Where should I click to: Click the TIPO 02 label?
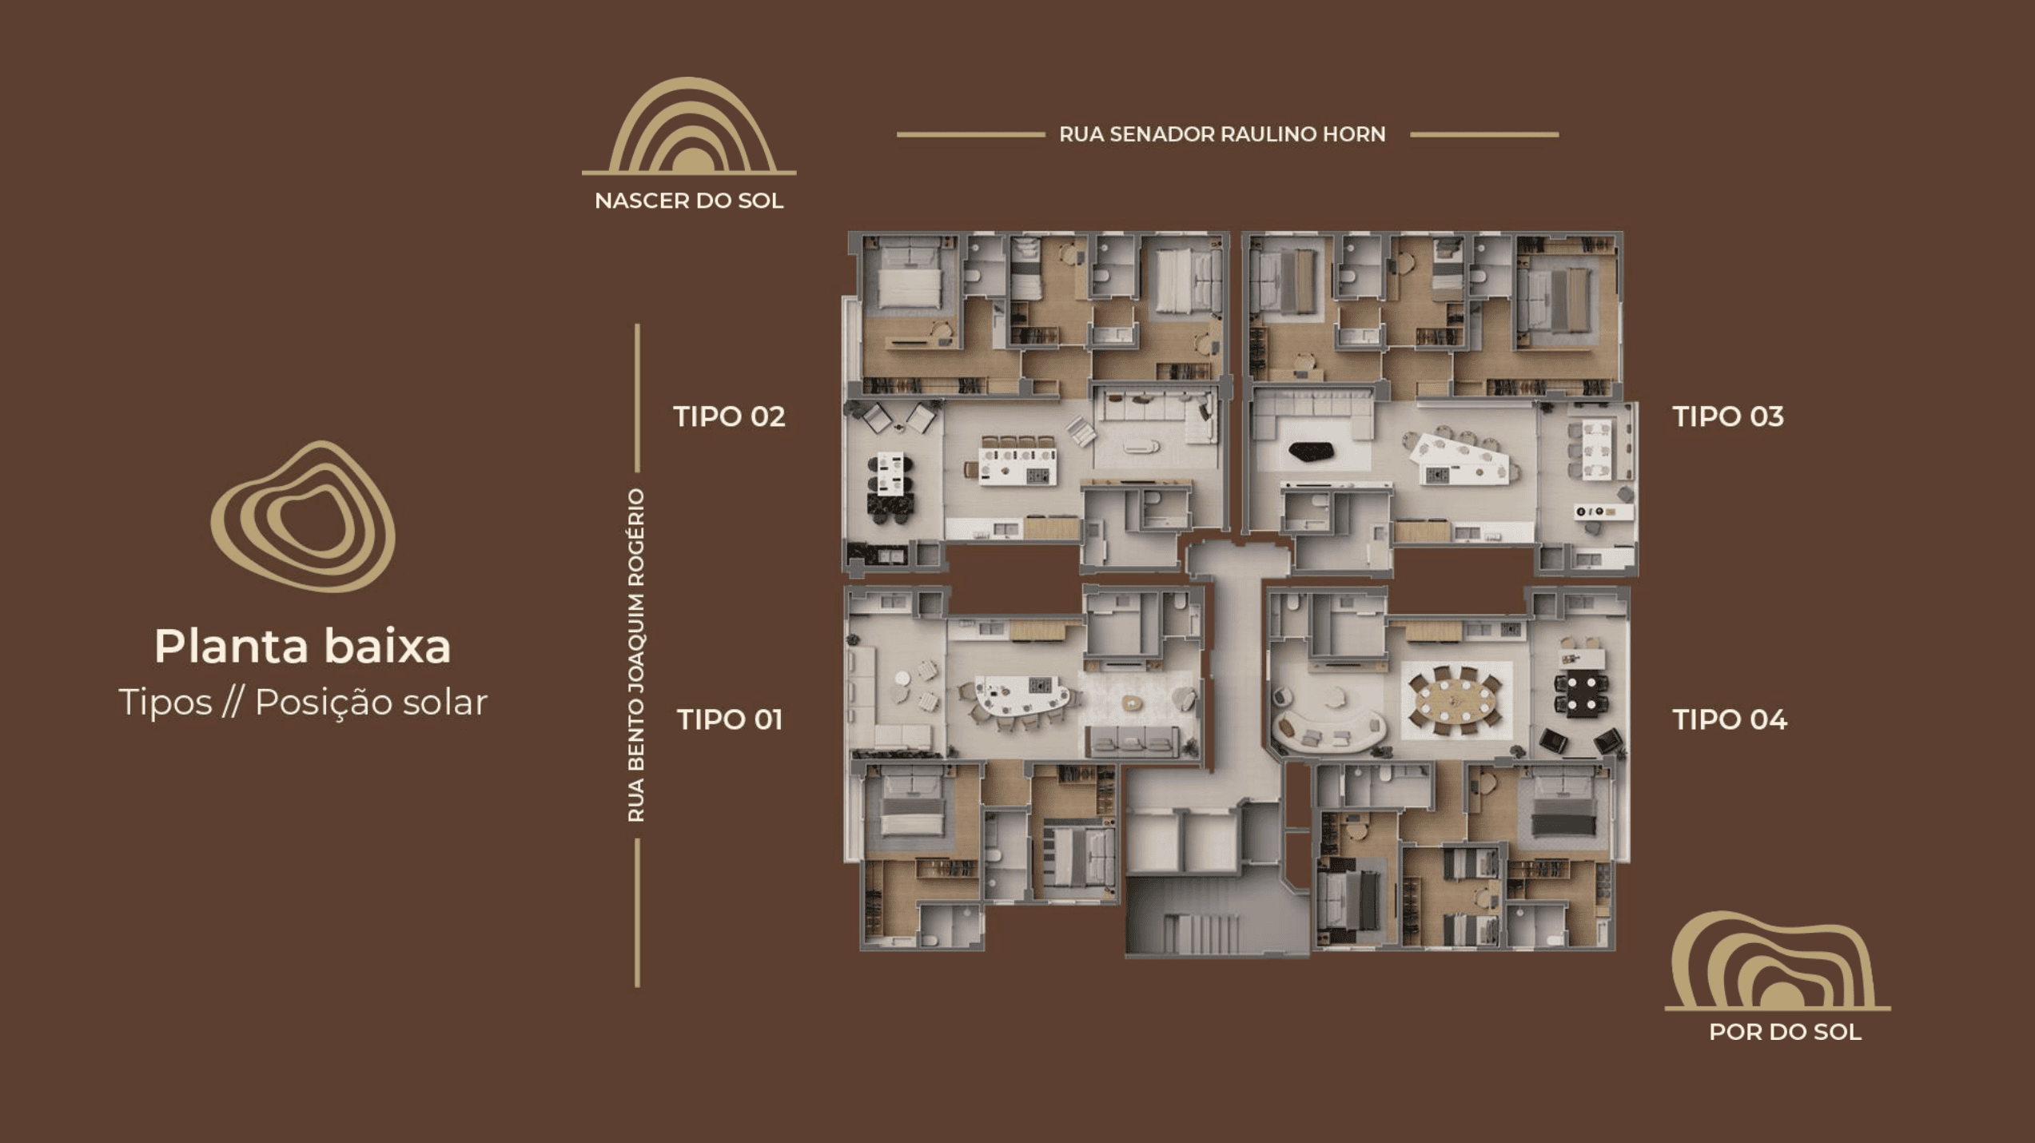[x=729, y=416]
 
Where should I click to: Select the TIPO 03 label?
[x=1728, y=416]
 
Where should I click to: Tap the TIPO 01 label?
[x=729, y=719]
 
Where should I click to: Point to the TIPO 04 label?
[x=1730, y=719]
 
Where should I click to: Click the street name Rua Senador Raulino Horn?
[x=1222, y=134]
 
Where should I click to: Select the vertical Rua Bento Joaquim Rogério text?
[x=636, y=655]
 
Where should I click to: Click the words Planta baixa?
[x=303, y=646]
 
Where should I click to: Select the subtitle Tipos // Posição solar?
[x=303, y=703]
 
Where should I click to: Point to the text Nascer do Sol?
[x=689, y=201]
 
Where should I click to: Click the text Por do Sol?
[x=1785, y=1033]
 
